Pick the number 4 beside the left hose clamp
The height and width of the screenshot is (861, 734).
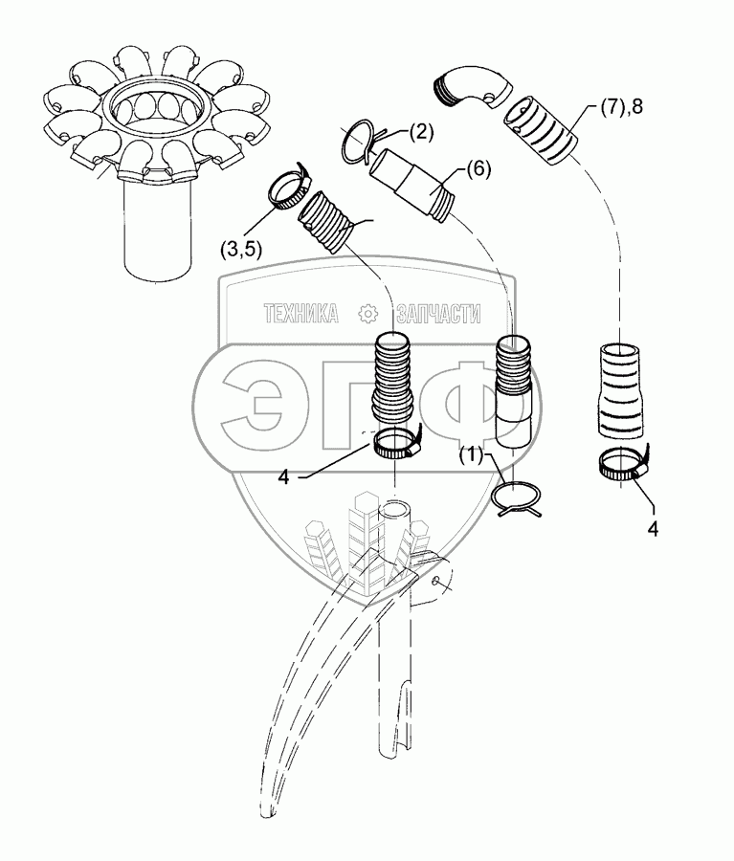tap(283, 475)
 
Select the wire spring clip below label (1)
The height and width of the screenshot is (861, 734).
tap(518, 498)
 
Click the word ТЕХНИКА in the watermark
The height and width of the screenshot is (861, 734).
tap(300, 313)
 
